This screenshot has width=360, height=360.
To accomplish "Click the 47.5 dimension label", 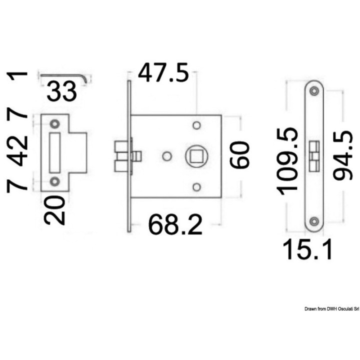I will tap(163, 73).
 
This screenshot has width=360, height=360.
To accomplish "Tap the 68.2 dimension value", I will tap(175, 225).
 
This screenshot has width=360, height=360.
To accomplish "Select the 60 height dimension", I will tap(239, 155).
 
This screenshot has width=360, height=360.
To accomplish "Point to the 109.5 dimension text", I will tap(288, 160).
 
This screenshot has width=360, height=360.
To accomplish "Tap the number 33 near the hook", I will tap(62, 91).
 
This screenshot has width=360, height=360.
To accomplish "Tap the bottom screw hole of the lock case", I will tap(196, 187).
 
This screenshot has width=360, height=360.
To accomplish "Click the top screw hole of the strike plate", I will tap(54, 123).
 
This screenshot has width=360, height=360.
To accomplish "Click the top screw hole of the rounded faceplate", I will tap(314, 91).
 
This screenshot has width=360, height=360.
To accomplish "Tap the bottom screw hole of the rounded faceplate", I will tap(314, 221).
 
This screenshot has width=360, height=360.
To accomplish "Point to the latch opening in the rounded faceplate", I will tap(314, 155).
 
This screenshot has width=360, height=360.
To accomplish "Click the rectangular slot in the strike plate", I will tap(54, 151).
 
